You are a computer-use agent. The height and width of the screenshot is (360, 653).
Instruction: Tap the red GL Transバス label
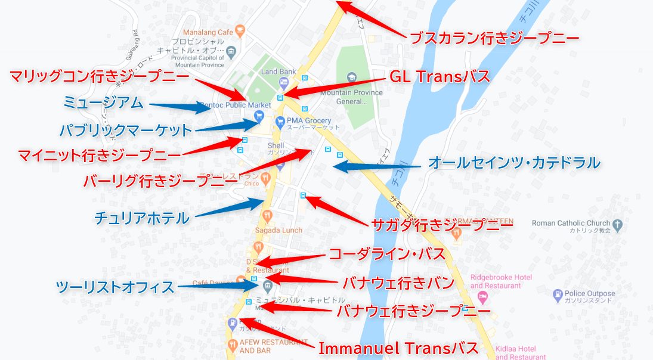(440, 77)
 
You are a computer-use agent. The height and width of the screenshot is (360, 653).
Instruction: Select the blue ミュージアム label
(104, 103)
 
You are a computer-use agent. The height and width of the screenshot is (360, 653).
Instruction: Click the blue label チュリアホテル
(142, 218)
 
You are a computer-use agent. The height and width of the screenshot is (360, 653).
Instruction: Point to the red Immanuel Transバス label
(398, 348)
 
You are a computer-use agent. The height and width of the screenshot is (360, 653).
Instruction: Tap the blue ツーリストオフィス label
(115, 287)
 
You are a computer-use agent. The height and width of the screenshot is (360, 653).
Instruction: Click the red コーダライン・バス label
(387, 254)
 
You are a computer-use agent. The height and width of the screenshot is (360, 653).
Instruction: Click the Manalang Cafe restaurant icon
(240, 28)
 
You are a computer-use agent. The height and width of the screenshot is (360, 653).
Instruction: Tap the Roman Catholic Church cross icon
(618, 225)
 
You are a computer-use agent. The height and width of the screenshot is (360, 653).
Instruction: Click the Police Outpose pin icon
(558, 294)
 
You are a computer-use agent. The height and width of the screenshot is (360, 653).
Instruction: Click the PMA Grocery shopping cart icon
(280, 122)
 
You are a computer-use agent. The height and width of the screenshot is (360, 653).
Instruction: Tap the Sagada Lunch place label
(278, 230)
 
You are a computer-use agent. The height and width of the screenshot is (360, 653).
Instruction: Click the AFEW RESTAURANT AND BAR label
(263, 346)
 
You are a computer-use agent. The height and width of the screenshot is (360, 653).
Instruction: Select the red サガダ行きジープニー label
(442, 224)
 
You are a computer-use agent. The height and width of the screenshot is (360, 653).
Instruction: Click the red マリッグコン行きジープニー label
(100, 77)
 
